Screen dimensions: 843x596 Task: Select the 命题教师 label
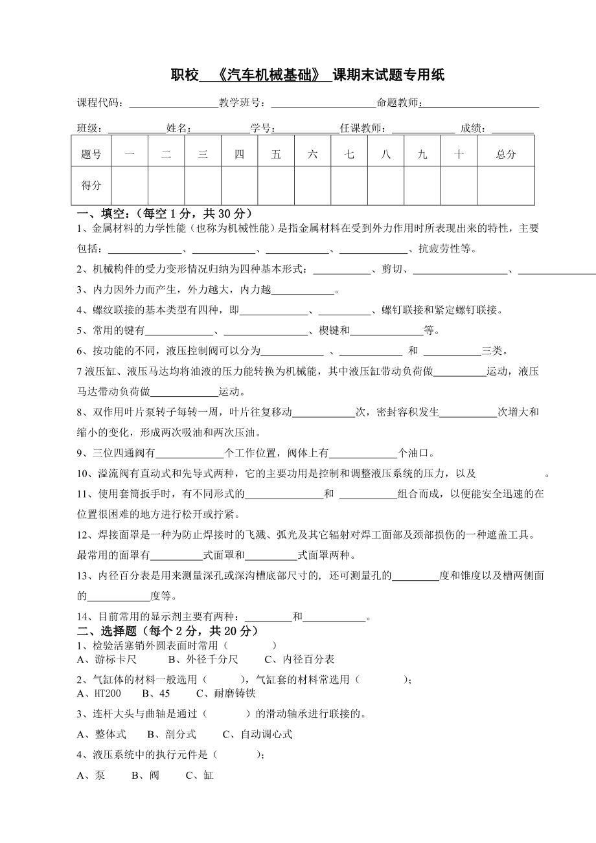(398, 103)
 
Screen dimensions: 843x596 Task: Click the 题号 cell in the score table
(91, 154)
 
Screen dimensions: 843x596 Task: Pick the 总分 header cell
(506, 154)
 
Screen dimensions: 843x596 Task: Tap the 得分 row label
(91, 185)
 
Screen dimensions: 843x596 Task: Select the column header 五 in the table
(277, 154)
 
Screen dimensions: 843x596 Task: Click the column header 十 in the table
(459, 154)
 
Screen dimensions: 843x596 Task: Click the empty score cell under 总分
(506, 185)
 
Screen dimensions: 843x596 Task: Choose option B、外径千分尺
(203, 660)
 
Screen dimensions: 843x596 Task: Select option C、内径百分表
(300, 660)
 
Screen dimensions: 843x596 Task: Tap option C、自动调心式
(258, 734)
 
